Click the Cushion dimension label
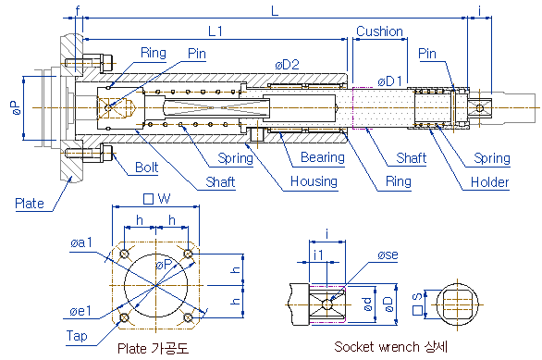[x=379, y=31]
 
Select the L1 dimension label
[x=216, y=31]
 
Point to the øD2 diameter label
[x=287, y=65]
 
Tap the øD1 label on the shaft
[x=390, y=81]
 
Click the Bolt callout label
[x=146, y=168]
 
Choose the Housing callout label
[x=314, y=181]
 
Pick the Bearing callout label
[x=323, y=157]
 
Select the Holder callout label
[x=490, y=182]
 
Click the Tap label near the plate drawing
[x=77, y=336]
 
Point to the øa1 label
[x=81, y=242]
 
